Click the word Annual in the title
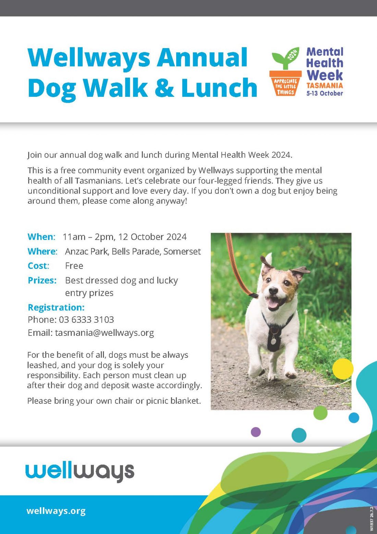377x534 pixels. pyautogui.click(x=202, y=58)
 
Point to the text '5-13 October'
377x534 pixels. pyautogui.click(x=325, y=93)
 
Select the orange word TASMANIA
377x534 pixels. pyautogui.click(x=325, y=86)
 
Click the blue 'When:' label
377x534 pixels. pyautogui.click(x=41, y=237)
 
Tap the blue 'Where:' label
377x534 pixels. pyautogui.click(x=42, y=251)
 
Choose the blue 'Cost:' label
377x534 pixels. pyautogui.click(x=38, y=266)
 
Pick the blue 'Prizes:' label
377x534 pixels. pyautogui.click(x=42, y=280)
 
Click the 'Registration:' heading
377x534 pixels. pyautogui.click(x=56, y=308)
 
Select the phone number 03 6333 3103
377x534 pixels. pyautogui.click(x=86, y=319)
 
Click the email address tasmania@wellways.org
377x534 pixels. pyautogui.click(x=105, y=333)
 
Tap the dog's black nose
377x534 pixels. pyautogui.click(x=273, y=290)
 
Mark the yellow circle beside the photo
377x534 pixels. pyautogui.click(x=343, y=369)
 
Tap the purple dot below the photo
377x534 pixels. pyautogui.click(x=256, y=432)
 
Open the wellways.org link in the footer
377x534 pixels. pyautogui.click(x=56, y=511)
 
